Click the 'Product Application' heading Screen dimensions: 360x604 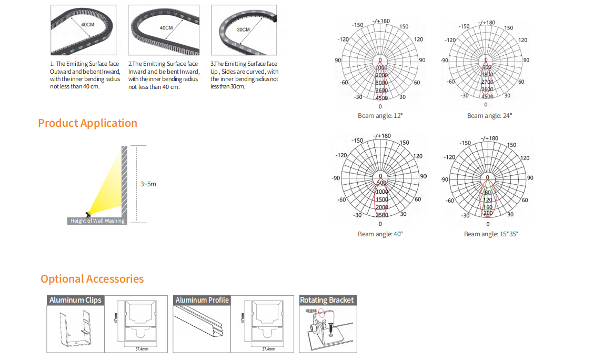[x=87, y=123]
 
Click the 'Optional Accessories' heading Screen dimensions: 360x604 [x=92, y=279]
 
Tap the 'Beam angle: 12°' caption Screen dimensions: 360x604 [x=379, y=116]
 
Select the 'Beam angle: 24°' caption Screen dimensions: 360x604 [x=489, y=116]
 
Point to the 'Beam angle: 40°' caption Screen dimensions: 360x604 [x=380, y=234]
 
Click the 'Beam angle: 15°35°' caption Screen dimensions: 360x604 [x=490, y=234]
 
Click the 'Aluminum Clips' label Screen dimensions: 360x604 [x=75, y=300]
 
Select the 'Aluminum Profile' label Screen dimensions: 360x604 [x=202, y=300]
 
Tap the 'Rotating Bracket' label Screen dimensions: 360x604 [x=327, y=300]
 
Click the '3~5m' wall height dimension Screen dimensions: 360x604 [x=148, y=184]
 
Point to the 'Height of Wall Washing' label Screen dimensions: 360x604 [x=97, y=221]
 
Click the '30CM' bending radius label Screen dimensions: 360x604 [x=243, y=30]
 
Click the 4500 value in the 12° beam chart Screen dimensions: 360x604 [x=381, y=98]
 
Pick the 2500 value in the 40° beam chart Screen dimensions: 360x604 [x=382, y=215]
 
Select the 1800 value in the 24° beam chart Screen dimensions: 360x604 [x=487, y=75]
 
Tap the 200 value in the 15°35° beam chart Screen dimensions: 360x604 [x=488, y=213]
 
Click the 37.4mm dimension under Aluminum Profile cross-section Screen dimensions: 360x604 [x=268, y=349]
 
